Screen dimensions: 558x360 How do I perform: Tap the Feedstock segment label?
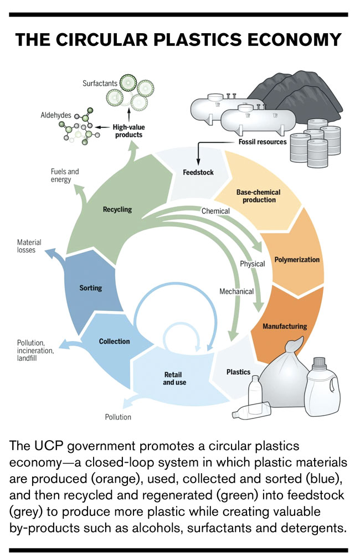(x=198, y=172)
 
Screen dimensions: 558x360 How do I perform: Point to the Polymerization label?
(x=297, y=259)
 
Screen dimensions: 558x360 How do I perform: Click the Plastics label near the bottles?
(x=238, y=371)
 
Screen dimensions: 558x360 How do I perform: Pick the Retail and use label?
(x=174, y=378)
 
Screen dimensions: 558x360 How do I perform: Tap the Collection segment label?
(x=114, y=342)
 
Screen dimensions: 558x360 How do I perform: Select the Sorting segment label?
(x=91, y=288)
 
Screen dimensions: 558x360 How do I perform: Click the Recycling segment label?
(x=117, y=210)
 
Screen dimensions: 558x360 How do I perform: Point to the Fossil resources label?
(x=263, y=142)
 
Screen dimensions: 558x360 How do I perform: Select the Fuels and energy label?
(x=64, y=175)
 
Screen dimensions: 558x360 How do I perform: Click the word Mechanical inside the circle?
(x=236, y=291)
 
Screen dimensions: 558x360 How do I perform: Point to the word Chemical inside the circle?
(x=215, y=211)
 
